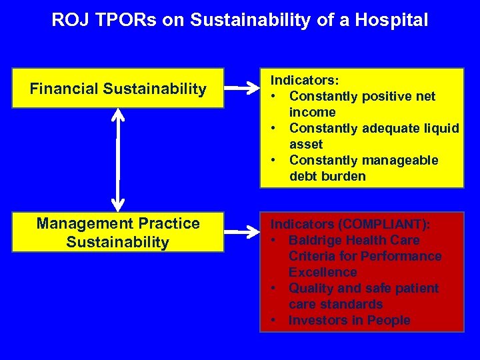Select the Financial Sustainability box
tap(118, 89)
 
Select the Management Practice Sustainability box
tap(118, 233)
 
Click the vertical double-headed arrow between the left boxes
tap(118, 159)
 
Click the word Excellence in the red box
tap(323, 272)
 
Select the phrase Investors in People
tap(349, 320)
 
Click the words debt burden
tap(327, 176)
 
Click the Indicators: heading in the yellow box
tap(304, 80)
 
